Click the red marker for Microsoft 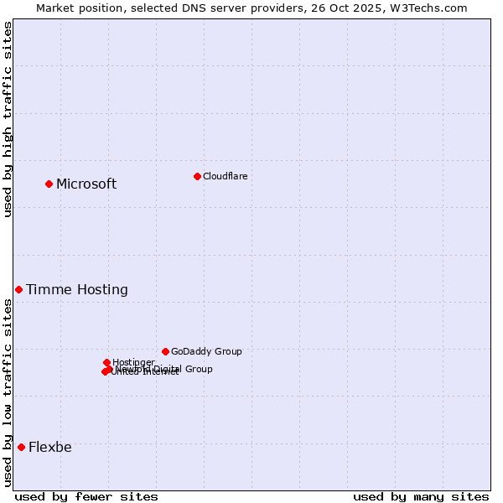click(x=49, y=184)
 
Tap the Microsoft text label click(x=86, y=184)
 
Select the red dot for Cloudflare click(x=197, y=176)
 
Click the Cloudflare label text click(x=225, y=176)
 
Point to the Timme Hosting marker click(x=18, y=289)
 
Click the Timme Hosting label click(x=77, y=290)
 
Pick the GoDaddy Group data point click(x=165, y=351)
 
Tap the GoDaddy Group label click(x=206, y=351)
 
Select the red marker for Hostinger click(x=106, y=362)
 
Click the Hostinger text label click(x=133, y=362)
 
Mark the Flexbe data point click(x=21, y=447)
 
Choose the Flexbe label click(x=50, y=448)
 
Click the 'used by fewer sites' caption click(x=86, y=496)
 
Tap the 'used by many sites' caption click(x=421, y=496)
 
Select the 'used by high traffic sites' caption click(x=8, y=119)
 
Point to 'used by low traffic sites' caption click(x=8, y=392)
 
